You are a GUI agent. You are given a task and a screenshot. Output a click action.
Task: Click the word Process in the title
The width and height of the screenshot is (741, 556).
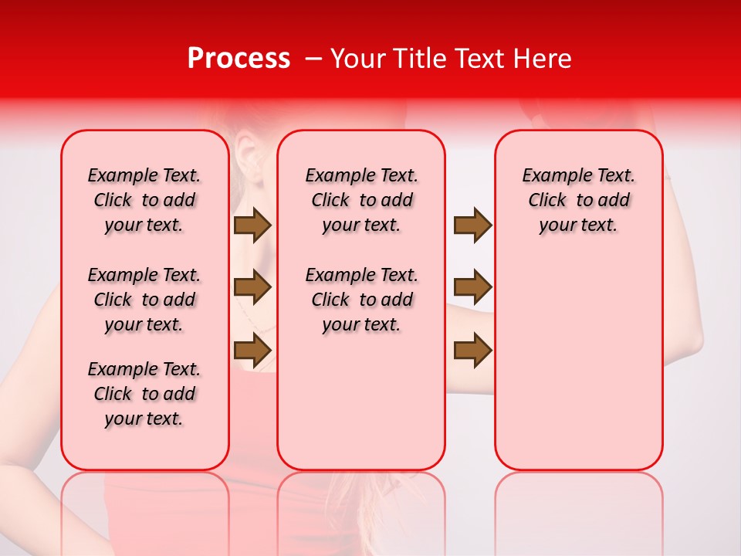[x=239, y=59]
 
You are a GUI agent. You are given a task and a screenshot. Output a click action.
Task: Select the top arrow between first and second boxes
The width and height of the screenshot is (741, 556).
[x=252, y=225]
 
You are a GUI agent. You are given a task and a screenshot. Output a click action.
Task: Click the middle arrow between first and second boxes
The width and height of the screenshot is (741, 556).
[x=252, y=287]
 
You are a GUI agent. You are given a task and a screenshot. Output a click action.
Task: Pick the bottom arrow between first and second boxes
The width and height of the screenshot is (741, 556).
[x=252, y=350]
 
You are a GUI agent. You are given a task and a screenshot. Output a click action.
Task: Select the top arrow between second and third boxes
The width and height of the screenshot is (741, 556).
[x=472, y=225]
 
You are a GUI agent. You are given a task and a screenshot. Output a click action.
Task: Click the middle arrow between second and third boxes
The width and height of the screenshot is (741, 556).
[x=472, y=287]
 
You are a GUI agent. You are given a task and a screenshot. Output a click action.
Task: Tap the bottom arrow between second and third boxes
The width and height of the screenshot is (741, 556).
[x=472, y=350]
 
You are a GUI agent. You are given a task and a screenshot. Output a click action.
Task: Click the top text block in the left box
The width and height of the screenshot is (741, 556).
[x=144, y=200]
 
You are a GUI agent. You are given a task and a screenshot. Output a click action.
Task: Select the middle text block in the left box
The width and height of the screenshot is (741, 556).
[x=144, y=300]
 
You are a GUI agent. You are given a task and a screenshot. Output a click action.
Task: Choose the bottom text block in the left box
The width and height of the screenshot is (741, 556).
[x=144, y=394]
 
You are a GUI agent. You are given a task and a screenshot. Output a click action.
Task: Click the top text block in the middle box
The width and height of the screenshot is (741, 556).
[x=362, y=200]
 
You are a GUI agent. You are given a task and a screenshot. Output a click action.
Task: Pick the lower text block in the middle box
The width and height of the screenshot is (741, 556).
[x=362, y=300]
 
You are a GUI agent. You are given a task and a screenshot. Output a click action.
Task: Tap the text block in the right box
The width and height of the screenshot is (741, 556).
[x=579, y=200]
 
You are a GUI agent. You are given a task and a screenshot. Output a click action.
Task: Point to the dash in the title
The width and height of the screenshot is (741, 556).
[x=313, y=59]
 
